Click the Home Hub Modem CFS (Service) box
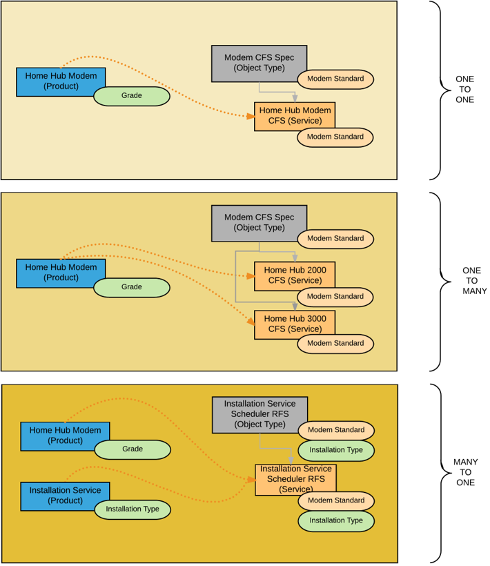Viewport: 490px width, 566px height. (x=295, y=115)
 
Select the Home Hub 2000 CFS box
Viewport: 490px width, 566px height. (x=295, y=275)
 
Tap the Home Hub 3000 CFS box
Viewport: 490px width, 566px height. (x=295, y=324)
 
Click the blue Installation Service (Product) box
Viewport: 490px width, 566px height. (x=65, y=496)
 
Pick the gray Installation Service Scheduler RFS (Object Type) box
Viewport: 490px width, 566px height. (x=259, y=414)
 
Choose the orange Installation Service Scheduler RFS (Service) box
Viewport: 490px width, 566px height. (x=295, y=479)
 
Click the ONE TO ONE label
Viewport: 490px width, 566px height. (x=465, y=89)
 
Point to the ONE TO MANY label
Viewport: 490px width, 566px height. (x=473, y=281)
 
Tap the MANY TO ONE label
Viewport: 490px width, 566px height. (x=465, y=472)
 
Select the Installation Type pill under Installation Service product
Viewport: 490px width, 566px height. (x=133, y=509)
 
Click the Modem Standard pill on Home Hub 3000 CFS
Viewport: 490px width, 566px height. (x=335, y=343)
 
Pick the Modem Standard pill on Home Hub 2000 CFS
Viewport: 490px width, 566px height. (x=335, y=296)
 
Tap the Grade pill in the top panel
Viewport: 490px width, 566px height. (x=132, y=95)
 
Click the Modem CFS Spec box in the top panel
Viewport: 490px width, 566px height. (x=259, y=63)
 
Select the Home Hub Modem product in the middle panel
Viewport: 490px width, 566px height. (x=61, y=273)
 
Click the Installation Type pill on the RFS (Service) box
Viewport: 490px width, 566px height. (x=336, y=520)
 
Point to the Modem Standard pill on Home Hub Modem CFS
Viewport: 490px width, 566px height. (x=335, y=137)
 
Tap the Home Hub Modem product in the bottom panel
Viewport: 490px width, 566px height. (x=65, y=436)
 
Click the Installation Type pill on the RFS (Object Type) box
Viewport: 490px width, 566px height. (x=336, y=450)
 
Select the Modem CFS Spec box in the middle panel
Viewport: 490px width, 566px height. (x=259, y=222)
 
